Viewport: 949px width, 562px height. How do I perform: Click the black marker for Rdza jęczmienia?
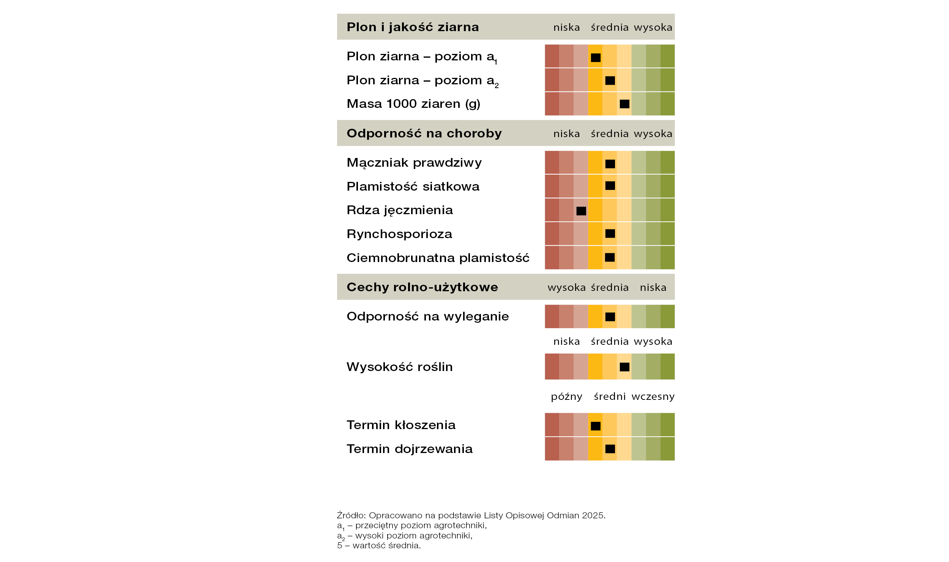point(581,211)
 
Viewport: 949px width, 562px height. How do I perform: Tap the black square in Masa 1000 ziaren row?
point(624,104)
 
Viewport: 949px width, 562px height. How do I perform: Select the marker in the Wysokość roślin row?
point(624,367)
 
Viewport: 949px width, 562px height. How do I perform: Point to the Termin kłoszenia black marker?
point(596,426)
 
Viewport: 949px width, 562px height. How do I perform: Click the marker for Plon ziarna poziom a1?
point(596,58)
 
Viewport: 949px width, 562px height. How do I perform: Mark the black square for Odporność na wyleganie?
point(610,317)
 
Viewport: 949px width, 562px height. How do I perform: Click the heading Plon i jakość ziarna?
point(413,27)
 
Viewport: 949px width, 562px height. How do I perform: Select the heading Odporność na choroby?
point(424,133)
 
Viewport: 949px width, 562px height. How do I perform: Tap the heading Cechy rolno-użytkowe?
point(422,287)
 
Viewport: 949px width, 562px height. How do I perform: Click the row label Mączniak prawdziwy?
point(414,163)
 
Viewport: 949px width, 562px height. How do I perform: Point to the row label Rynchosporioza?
point(399,234)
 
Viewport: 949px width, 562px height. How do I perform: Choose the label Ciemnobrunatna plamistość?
point(438,258)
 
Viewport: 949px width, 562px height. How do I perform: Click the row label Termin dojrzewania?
point(410,449)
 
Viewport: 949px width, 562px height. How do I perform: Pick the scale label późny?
point(566,396)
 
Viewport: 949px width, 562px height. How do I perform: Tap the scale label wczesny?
point(653,396)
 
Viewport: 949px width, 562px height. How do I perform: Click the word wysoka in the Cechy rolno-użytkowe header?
point(566,287)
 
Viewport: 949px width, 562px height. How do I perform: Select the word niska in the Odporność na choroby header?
point(566,134)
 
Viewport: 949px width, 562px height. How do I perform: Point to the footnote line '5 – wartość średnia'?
point(379,545)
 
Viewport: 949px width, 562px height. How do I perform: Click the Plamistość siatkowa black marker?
point(610,186)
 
